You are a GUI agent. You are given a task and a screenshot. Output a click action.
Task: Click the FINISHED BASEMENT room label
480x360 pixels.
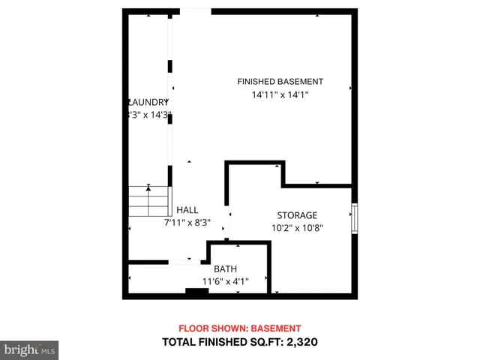coord(280,82)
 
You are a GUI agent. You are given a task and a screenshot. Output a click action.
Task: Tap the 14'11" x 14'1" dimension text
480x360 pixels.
coord(280,95)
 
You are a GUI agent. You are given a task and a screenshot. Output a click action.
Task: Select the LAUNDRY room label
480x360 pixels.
coord(148,102)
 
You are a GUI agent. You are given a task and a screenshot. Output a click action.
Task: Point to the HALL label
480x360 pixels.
coord(187,210)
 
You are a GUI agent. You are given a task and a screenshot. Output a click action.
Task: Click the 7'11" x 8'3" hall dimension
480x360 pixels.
coord(187,223)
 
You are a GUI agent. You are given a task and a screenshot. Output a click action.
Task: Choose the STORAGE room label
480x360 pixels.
coord(297,215)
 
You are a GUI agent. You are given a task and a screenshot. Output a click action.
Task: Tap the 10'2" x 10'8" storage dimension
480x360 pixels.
coord(297,229)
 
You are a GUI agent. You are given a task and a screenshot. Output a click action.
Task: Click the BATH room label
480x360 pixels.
coord(225,269)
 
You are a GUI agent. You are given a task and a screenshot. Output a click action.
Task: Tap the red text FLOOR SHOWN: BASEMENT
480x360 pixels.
coord(239,328)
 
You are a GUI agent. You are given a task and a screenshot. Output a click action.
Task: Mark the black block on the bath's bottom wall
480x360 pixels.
coord(196,292)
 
